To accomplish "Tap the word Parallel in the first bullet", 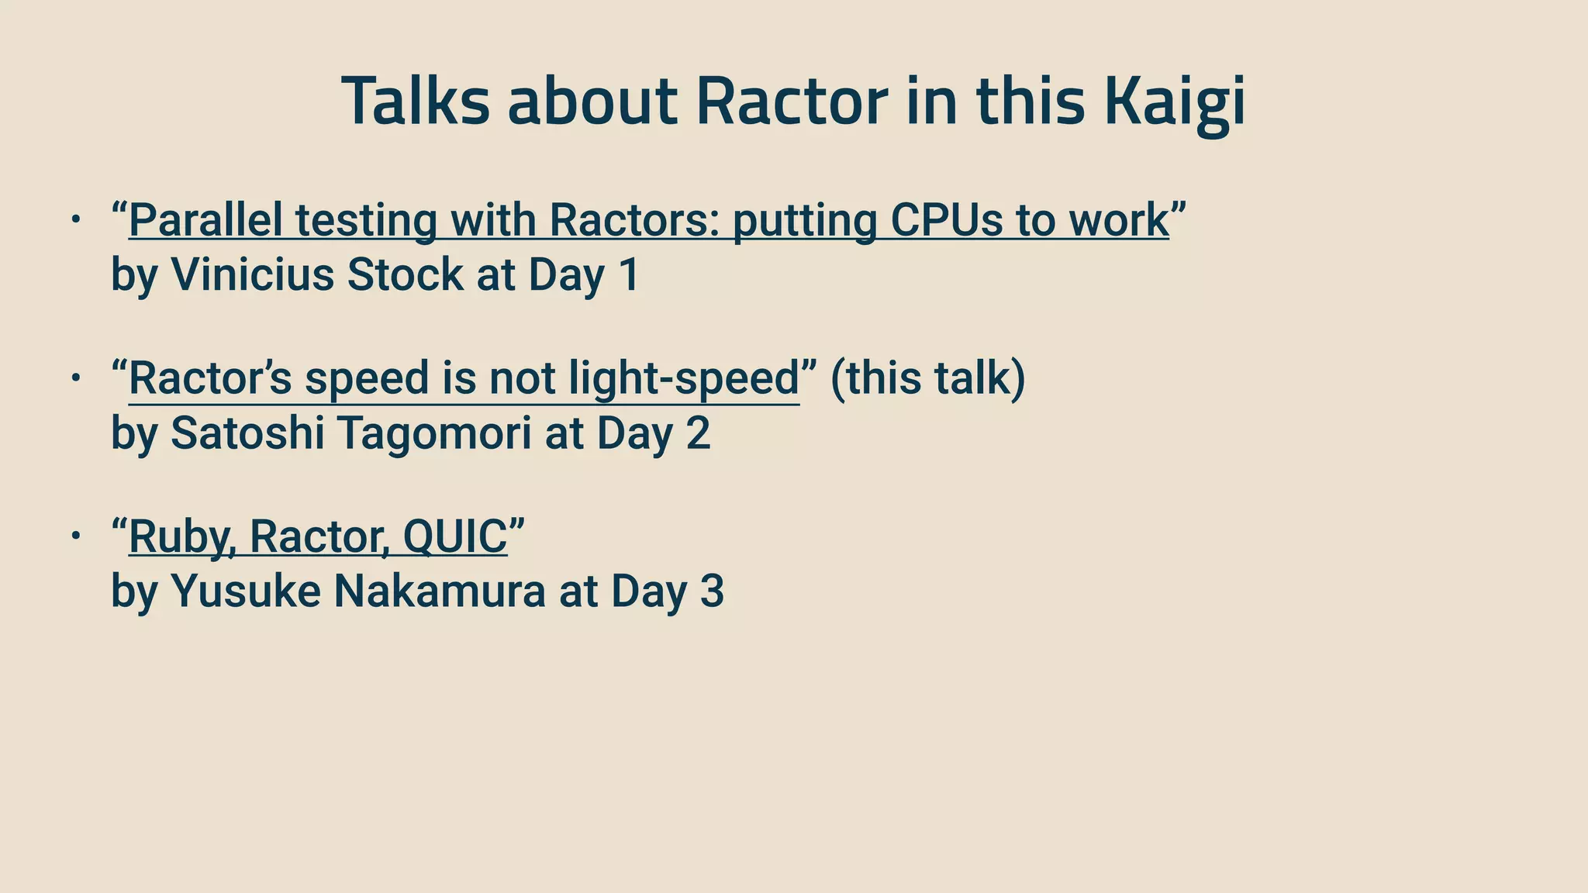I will click(205, 220).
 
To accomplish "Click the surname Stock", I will click(405, 274).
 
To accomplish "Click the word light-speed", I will click(683, 378).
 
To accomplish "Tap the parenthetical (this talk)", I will click(927, 378).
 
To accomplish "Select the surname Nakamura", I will click(440, 591).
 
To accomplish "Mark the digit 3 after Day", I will click(712, 591).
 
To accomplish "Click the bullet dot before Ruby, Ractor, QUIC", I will click(75, 536).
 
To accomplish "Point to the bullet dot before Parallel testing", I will click(75, 220).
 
